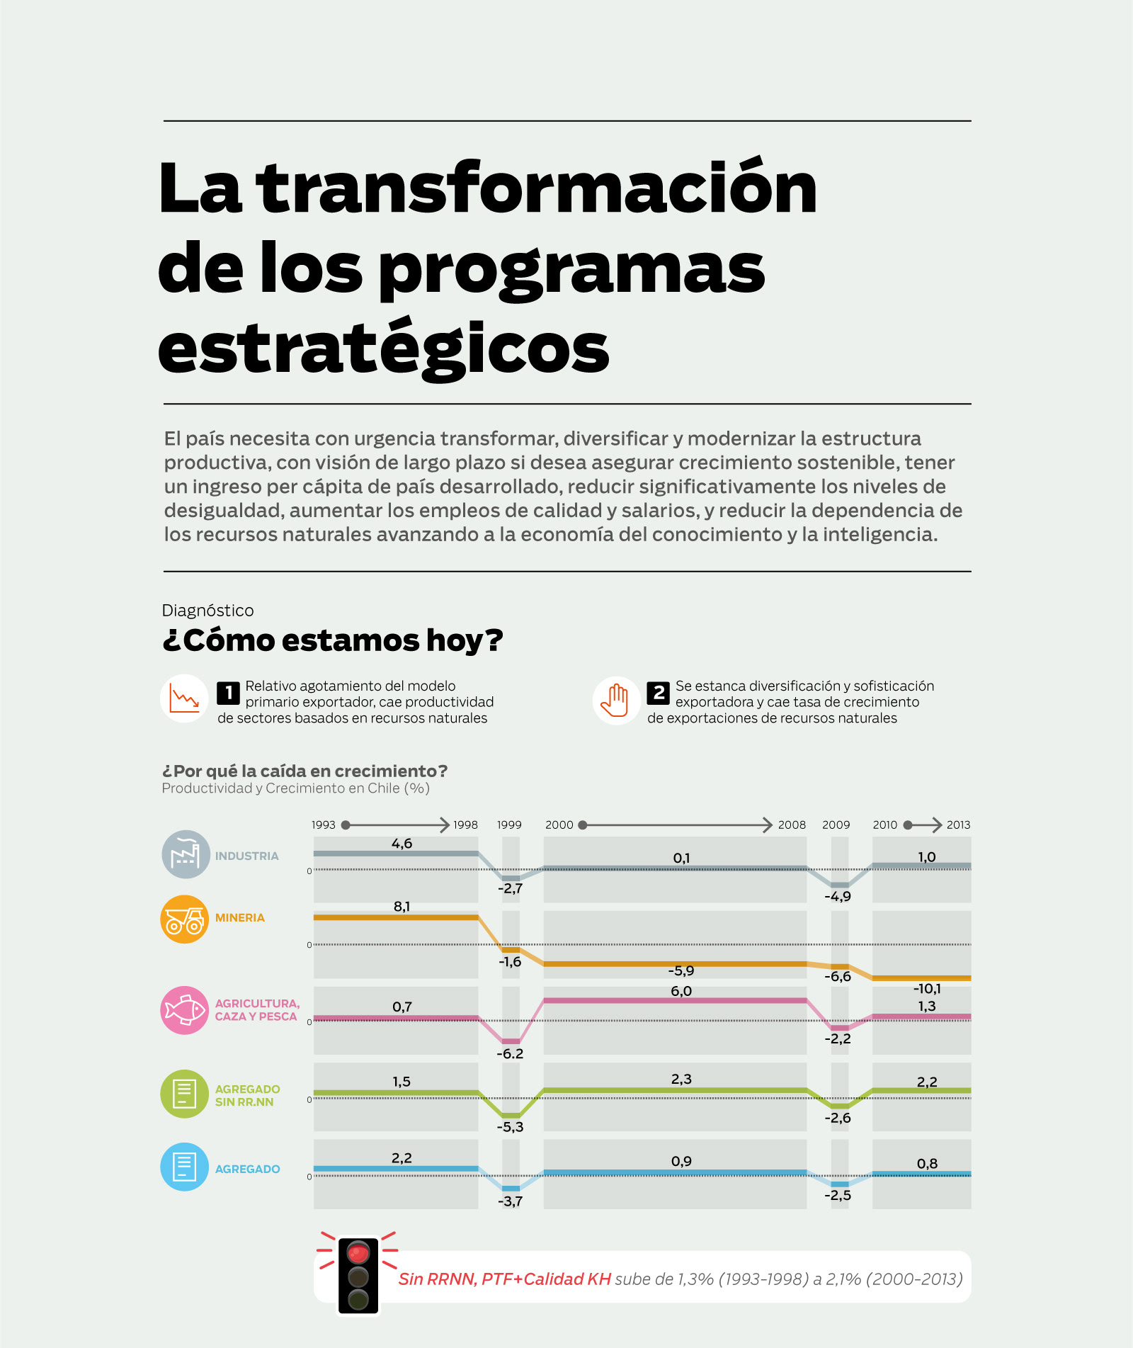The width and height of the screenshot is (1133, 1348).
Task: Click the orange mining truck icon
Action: point(185,919)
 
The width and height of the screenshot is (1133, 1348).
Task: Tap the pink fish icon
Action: point(185,1010)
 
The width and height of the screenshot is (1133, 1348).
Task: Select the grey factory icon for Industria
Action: point(186,854)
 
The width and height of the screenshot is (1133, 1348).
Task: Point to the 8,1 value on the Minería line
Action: point(402,907)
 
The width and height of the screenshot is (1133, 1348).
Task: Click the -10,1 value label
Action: point(927,989)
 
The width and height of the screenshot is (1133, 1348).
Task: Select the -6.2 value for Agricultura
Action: point(510,1053)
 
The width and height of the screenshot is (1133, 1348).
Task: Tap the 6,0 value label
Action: point(681,991)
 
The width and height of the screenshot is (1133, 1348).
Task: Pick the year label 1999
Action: point(509,825)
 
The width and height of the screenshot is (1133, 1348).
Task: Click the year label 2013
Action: point(958,825)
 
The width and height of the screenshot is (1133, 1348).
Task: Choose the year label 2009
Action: point(836,825)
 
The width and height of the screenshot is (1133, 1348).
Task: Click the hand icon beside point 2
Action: point(616,700)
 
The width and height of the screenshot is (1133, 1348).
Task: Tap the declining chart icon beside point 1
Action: point(184,699)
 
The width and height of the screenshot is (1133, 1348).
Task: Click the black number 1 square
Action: point(228,693)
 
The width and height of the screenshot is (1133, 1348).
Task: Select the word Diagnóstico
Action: point(207,611)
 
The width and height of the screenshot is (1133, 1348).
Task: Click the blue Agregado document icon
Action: point(185,1167)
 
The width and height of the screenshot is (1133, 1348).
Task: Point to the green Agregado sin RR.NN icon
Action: point(185,1094)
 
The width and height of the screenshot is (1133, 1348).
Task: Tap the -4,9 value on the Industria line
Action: point(838,897)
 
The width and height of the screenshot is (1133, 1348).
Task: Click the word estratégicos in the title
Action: point(383,349)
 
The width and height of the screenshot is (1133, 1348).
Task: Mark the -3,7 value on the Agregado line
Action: point(510,1201)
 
